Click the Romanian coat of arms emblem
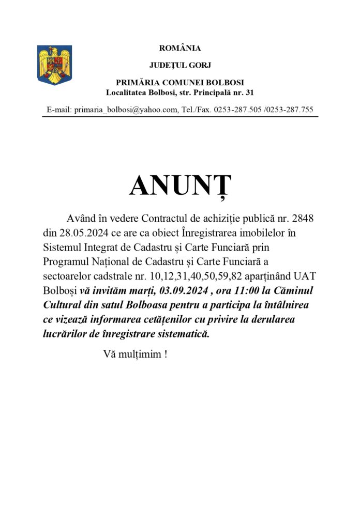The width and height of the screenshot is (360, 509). (54, 65)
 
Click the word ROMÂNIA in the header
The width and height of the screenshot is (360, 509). (179, 48)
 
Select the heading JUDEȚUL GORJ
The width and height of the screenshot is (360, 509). (179, 66)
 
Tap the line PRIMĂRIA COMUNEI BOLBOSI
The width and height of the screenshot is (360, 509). (179, 83)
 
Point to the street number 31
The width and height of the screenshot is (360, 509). (249, 93)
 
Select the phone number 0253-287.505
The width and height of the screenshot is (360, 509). (237, 110)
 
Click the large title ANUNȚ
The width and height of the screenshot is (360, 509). (180, 186)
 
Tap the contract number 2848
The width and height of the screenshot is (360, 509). (303, 219)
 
